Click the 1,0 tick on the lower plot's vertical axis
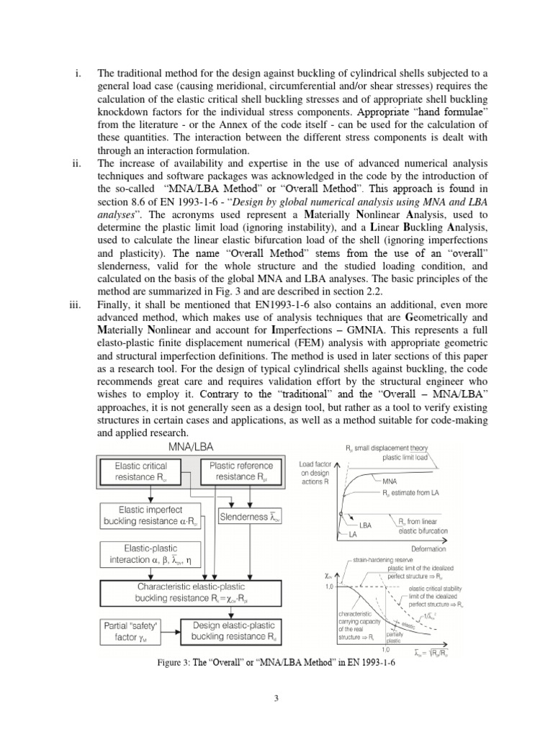click(329, 587)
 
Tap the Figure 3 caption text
click(276, 662)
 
